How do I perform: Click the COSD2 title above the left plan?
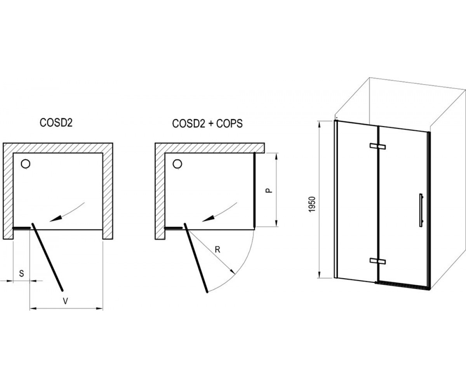(56, 123)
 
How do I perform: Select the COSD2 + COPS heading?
(207, 123)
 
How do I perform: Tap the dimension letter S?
(21, 274)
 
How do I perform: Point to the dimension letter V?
(65, 301)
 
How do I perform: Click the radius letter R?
(217, 249)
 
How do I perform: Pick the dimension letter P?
(270, 190)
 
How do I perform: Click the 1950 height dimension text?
(313, 204)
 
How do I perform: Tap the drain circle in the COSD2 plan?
(26, 164)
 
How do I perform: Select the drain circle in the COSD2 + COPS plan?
(177, 164)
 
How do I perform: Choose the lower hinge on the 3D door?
(377, 261)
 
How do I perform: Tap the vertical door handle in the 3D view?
(421, 210)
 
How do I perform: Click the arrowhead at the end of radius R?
(233, 271)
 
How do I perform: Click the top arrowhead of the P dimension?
(276, 156)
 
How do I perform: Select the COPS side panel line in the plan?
(254, 190)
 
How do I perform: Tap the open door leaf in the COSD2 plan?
(47, 257)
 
